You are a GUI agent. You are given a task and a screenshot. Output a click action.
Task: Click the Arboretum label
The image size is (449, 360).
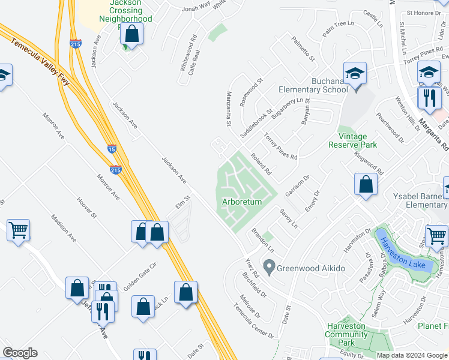(x=242, y=202)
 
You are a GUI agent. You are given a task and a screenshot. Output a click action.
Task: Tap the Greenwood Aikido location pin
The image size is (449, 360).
(x=270, y=265)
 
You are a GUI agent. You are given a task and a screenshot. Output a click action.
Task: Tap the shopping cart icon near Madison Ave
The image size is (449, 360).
(x=18, y=230)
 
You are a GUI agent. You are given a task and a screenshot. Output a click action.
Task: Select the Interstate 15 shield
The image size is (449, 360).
(x=112, y=149)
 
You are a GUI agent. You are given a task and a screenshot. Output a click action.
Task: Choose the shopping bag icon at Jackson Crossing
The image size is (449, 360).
(x=131, y=35)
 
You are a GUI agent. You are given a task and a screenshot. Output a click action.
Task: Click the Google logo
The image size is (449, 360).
(x=20, y=353)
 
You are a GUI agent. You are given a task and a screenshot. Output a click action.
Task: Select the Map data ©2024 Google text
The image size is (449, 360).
(x=412, y=355)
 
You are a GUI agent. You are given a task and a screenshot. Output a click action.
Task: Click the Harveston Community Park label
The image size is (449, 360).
(x=346, y=334)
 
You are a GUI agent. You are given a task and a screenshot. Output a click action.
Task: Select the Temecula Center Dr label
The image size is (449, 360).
(x=253, y=328)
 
